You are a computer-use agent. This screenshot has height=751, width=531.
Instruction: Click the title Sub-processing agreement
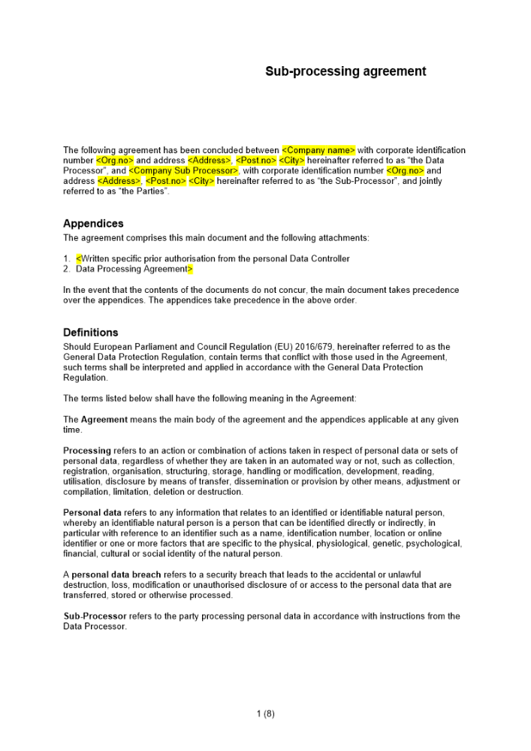click(x=345, y=71)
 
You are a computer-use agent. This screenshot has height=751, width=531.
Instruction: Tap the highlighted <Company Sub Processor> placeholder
click(x=183, y=170)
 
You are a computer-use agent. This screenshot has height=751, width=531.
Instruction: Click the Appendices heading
click(x=93, y=224)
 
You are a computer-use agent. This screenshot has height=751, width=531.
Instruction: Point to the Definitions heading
click(x=90, y=333)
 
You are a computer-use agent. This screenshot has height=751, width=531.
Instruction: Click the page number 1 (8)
click(x=265, y=714)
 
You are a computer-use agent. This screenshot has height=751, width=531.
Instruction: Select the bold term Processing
click(x=87, y=451)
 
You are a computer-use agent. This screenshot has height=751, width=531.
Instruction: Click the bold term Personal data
click(x=89, y=513)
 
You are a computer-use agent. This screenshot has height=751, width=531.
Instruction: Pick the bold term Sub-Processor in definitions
click(x=95, y=617)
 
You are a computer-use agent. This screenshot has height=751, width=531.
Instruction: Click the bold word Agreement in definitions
click(x=104, y=420)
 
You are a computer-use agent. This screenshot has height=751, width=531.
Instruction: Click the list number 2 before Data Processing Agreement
click(x=66, y=269)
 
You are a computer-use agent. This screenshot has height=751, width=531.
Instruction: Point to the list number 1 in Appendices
click(x=66, y=259)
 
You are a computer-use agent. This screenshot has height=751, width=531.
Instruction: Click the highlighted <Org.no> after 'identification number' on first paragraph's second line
click(x=115, y=161)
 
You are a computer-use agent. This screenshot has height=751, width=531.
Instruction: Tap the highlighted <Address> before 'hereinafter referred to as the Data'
click(x=210, y=161)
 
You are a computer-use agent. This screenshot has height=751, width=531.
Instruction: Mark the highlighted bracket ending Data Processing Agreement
click(x=190, y=269)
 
